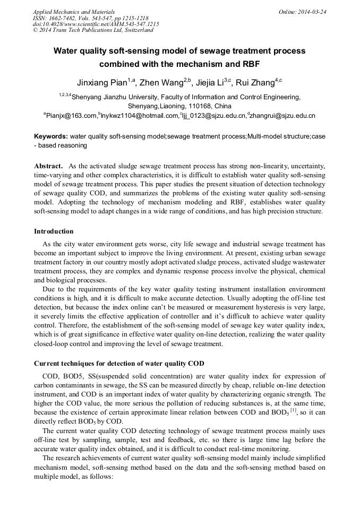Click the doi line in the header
(96, 24)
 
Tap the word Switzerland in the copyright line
(138, 30)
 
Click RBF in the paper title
(251, 64)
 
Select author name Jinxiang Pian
(102, 83)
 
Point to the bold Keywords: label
(51, 136)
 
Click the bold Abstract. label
(49, 166)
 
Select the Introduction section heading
(54, 231)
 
